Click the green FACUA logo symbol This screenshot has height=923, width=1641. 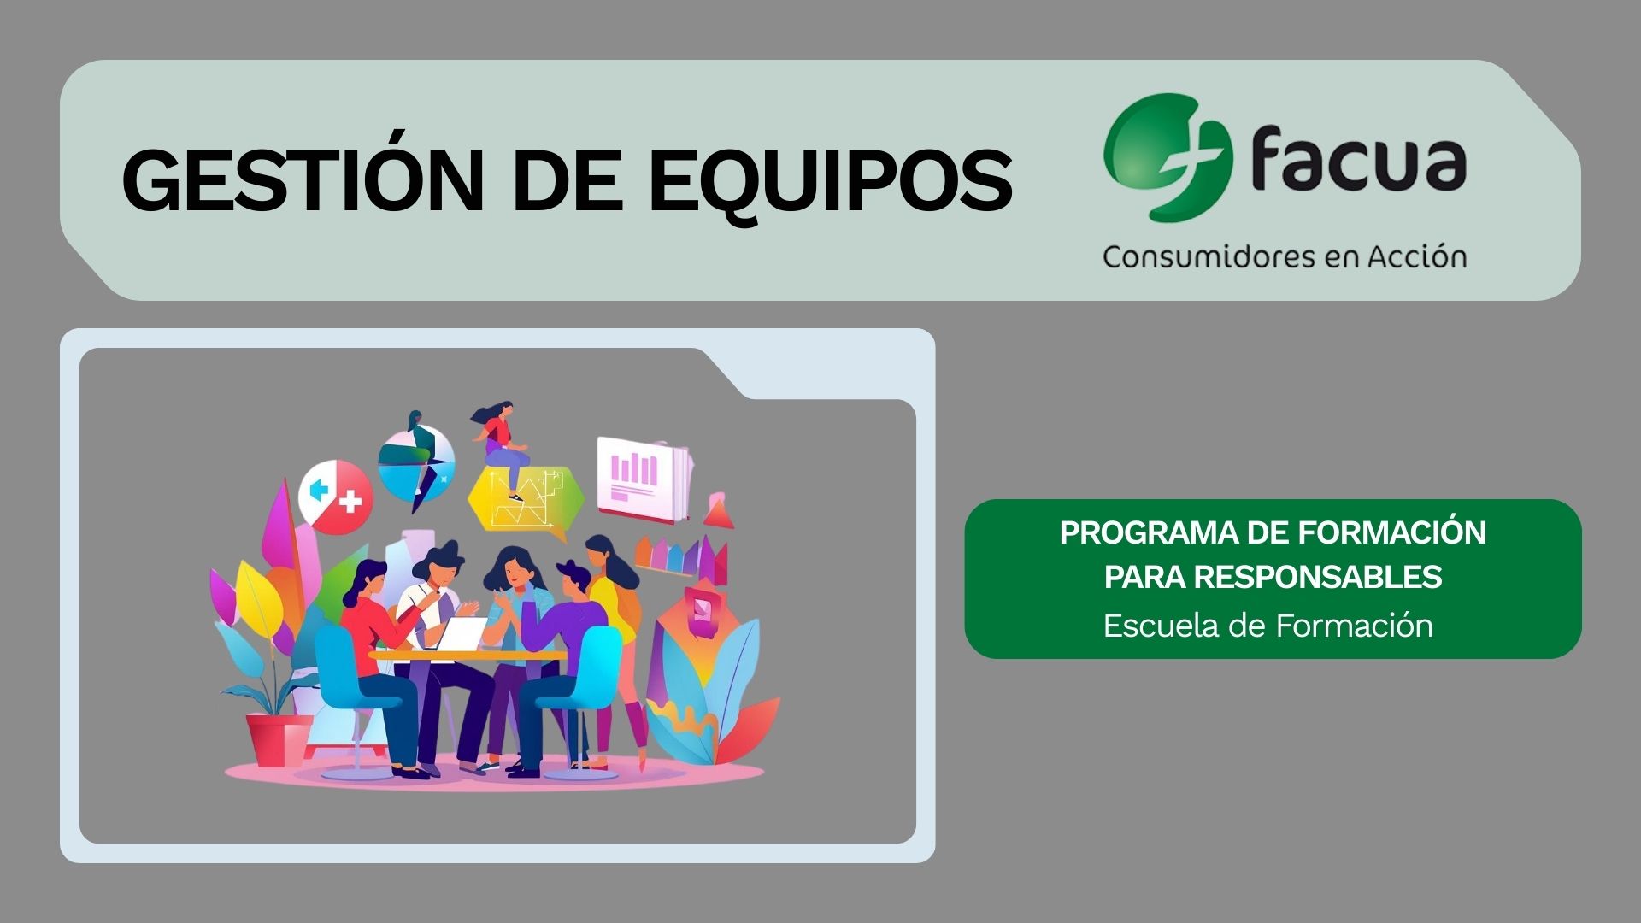click(1167, 157)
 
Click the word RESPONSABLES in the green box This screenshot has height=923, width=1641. click(1317, 578)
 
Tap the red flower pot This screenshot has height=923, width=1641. click(278, 739)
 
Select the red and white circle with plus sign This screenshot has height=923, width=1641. click(336, 497)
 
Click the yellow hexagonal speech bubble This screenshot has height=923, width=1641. click(525, 504)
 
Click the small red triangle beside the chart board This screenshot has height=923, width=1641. click(720, 510)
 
